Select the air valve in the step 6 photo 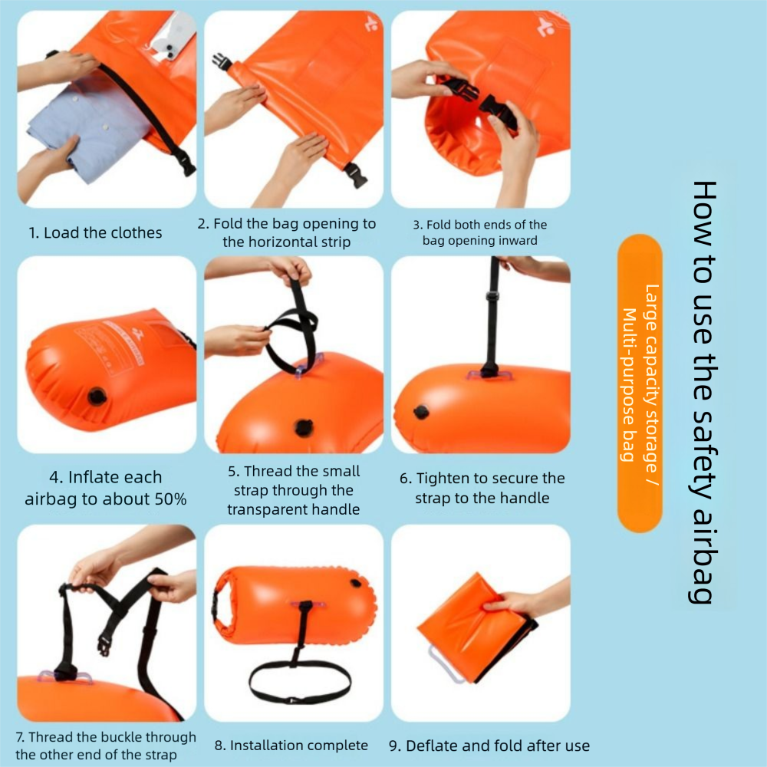[x=420, y=413]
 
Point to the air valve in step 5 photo [x=304, y=428]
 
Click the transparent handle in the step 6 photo [x=489, y=376]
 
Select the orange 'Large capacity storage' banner [x=640, y=383]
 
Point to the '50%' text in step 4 [x=171, y=499]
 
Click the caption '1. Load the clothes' [x=95, y=233]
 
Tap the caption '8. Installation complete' [x=291, y=746]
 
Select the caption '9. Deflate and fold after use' [x=489, y=746]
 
